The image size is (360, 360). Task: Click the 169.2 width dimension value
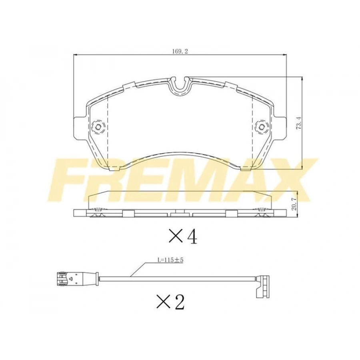[180, 52]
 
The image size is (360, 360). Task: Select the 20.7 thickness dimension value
[294, 205]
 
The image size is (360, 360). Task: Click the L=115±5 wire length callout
[170, 260]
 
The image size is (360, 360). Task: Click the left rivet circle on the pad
[98, 126]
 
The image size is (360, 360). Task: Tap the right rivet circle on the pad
[262, 126]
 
